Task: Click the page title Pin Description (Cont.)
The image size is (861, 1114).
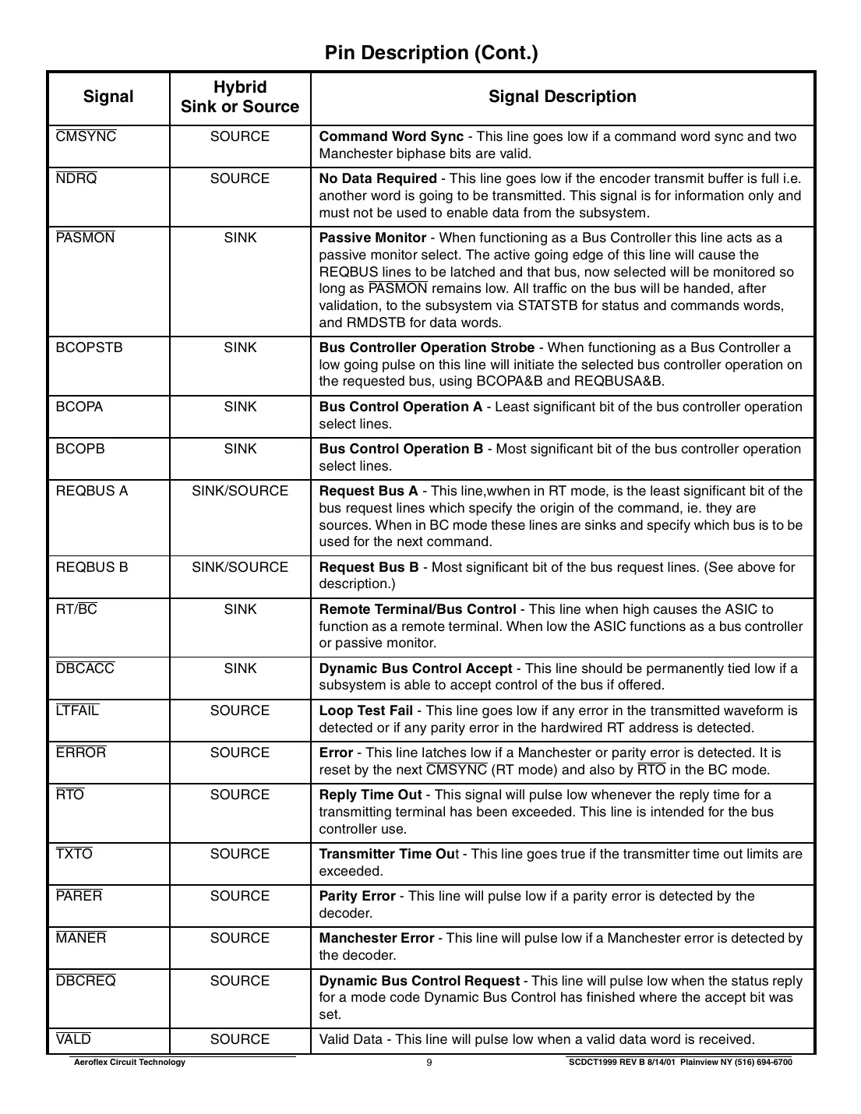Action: tap(430, 53)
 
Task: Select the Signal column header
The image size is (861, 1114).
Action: tap(108, 97)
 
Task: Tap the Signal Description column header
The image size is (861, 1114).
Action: tap(562, 97)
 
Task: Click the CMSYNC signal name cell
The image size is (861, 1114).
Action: tap(86, 137)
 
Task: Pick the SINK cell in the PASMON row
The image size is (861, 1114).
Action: tap(239, 238)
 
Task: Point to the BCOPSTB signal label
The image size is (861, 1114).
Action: tap(89, 347)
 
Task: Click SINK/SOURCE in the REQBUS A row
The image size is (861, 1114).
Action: tap(239, 491)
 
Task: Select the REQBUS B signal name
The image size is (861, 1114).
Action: tap(91, 567)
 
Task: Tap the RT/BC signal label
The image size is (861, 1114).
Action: tap(76, 609)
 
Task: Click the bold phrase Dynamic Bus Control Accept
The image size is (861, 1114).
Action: tap(415, 668)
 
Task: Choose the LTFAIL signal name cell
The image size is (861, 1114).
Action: tap(77, 710)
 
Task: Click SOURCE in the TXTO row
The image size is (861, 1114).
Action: tap(239, 854)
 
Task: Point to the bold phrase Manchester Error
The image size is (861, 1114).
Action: tap(376, 938)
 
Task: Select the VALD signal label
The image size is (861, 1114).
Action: tap(73, 1039)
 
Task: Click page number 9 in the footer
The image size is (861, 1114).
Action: tap(429, 1063)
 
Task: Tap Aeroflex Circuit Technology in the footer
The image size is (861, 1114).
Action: tap(128, 1063)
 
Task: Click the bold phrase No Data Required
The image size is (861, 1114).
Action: tap(378, 178)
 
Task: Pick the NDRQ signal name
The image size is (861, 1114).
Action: tap(76, 179)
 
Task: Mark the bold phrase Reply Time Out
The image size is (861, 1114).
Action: tap(370, 795)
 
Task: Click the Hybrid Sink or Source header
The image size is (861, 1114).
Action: tap(239, 97)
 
